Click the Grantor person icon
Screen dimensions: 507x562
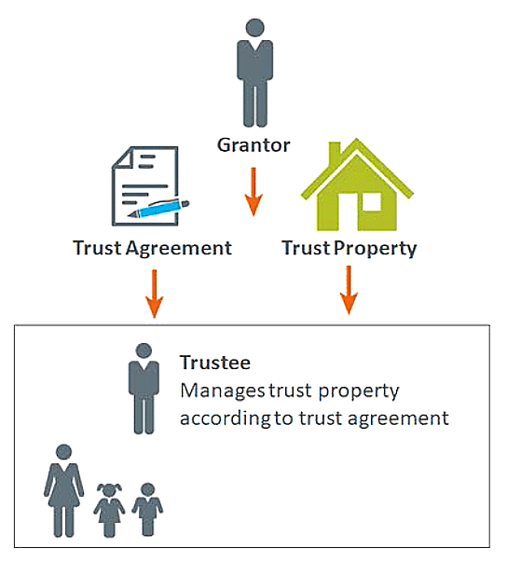(x=254, y=73)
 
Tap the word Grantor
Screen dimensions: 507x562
(x=253, y=145)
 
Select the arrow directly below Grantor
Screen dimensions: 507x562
(x=253, y=192)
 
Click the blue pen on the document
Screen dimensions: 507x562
(x=158, y=209)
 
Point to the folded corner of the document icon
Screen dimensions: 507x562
(x=122, y=158)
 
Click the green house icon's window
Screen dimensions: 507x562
(x=371, y=202)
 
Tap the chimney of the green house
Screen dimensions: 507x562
(x=335, y=152)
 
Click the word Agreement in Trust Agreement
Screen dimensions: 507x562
(x=179, y=249)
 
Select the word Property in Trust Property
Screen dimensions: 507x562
(x=376, y=249)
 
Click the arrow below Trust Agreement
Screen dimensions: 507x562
(x=155, y=294)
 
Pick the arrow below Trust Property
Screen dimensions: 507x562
(x=349, y=290)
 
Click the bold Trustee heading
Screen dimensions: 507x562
(x=215, y=363)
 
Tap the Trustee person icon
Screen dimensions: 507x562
(x=144, y=389)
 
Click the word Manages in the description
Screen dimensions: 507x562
(x=222, y=391)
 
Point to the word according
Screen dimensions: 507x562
(x=225, y=418)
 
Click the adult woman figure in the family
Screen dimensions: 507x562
(x=64, y=490)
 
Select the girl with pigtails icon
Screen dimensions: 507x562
(x=109, y=510)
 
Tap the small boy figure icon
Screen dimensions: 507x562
(x=147, y=509)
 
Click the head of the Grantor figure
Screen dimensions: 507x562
(x=254, y=28)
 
